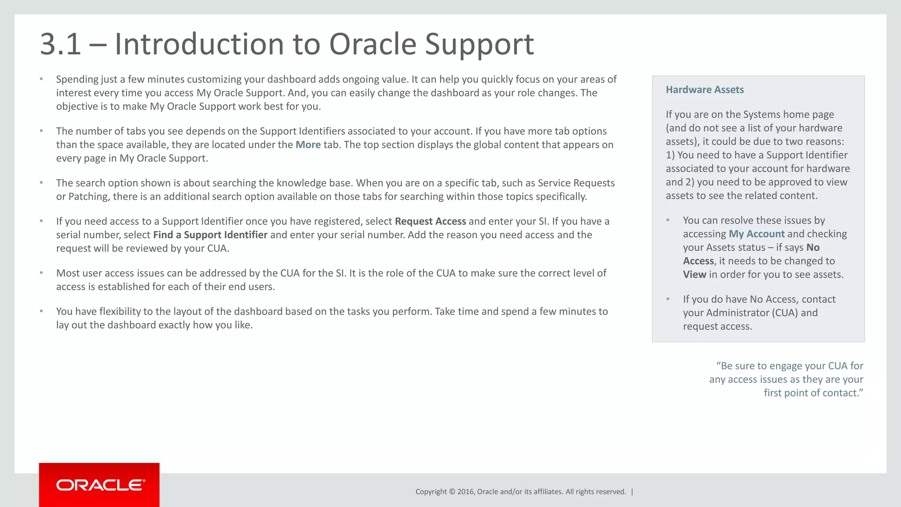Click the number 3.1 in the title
tap(61, 44)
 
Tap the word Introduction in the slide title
tap(199, 44)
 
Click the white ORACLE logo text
tap(100, 485)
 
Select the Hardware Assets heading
tap(704, 90)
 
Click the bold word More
tap(308, 145)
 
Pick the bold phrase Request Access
tap(430, 221)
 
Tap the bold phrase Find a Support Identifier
tap(210, 235)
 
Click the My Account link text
tap(756, 234)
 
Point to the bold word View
tap(694, 275)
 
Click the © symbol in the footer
tap(451, 492)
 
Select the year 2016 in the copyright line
tap(465, 492)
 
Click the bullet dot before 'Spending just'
tap(41, 79)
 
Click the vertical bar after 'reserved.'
tap(632, 492)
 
